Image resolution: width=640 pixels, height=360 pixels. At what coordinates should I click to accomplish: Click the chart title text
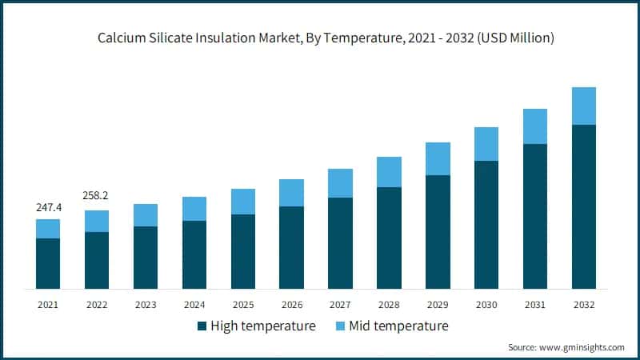click(x=320, y=38)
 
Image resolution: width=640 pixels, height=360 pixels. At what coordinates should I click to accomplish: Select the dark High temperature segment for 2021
click(x=48, y=263)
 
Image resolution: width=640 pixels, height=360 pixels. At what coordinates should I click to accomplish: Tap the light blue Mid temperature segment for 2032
click(x=584, y=106)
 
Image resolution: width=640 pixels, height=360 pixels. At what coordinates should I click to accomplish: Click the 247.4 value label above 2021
click(x=48, y=207)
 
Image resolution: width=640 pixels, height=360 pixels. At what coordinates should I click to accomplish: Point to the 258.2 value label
click(x=97, y=196)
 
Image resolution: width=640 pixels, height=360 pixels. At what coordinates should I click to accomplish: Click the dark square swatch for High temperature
click(x=202, y=326)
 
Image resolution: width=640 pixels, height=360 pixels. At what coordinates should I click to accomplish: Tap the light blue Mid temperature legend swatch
click(x=342, y=326)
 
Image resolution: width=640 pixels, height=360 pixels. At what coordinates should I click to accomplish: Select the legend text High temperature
click(x=263, y=326)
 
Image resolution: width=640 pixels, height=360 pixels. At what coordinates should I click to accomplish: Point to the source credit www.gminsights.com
click(x=566, y=347)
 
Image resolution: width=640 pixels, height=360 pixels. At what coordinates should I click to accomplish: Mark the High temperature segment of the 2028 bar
click(x=389, y=238)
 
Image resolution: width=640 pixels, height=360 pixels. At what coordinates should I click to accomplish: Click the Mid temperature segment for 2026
click(x=291, y=193)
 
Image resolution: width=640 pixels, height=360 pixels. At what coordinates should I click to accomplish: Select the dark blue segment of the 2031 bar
click(x=535, y=216)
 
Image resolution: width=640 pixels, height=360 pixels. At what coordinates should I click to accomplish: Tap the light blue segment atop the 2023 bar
click(x=146, y=215)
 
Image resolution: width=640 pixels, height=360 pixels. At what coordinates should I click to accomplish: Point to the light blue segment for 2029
click(x=438, y=158)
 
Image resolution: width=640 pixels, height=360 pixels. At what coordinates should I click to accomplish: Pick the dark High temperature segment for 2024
click(x=194, y=254)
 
